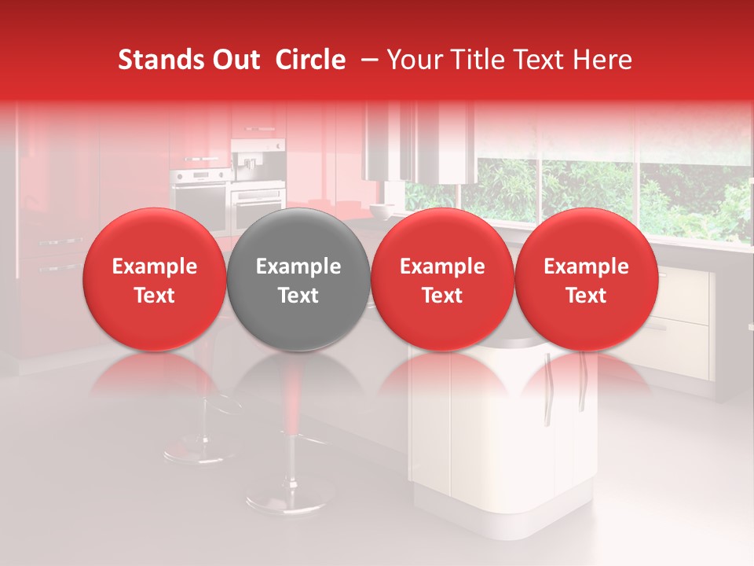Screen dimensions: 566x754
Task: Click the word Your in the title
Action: tap(412, 60)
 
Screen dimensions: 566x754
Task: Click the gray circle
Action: tap(298, 280)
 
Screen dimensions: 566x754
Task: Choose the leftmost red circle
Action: tap(155, 280)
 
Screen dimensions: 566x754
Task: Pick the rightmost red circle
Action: tap(587, 280)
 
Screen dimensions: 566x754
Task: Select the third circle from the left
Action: tap(442, 280)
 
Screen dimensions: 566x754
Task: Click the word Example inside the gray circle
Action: tap(298, 266)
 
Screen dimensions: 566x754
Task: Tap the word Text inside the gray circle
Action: tap(298, 296)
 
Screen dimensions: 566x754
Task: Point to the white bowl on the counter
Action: tap(382, 210)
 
